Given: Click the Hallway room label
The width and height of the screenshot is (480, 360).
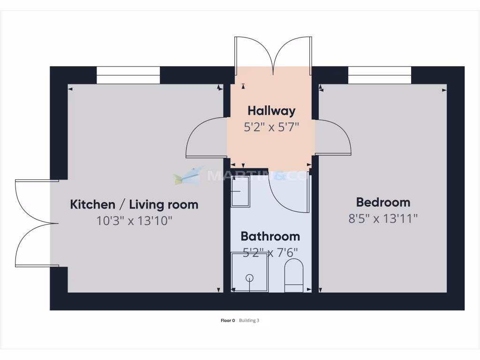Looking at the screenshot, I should click(271, 111).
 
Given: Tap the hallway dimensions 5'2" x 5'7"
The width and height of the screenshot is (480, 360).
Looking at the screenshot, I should click(271, 127).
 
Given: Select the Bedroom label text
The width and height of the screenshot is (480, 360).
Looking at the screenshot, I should click(383, 202).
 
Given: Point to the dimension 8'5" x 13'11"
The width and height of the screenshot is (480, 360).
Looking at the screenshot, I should click(383, 218).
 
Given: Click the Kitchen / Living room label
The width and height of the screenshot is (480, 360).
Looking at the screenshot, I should click(134, 205).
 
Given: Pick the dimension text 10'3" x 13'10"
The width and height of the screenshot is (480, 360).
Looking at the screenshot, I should click(134, 221).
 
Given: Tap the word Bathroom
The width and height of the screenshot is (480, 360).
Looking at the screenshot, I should click(270, 236).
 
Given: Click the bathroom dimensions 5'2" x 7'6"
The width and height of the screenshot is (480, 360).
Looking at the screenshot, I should click(270, 253).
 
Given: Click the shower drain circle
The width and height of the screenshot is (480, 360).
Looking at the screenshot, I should click(250, 278).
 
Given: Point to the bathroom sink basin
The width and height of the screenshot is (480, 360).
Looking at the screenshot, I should click(241, 191).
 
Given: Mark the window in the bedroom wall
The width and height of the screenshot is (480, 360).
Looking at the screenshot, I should click(379, 75).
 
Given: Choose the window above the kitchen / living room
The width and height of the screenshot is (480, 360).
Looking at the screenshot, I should click(128, 75).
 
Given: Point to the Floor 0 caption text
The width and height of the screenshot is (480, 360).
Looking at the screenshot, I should click(227, 321).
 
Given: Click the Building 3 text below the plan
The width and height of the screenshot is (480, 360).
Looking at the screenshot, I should click(249, 321).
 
